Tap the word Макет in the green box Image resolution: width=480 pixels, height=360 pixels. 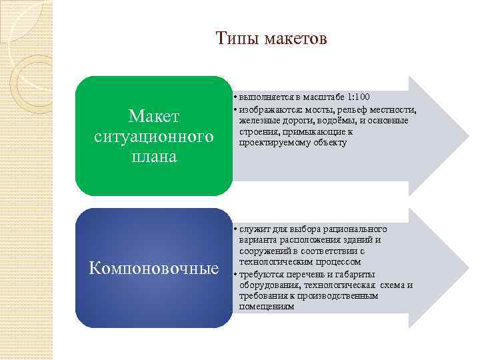pos(154,117)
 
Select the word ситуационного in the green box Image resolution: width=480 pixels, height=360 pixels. pos(154,137)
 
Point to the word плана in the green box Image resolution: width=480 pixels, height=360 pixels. pos(154,157)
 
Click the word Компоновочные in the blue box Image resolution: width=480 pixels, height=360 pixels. pos(154,268)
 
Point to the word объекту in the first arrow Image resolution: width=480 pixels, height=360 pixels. pos(329,143)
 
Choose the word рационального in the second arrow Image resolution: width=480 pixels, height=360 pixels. pos(359,229)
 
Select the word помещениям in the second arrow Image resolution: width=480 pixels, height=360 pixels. pos(267,307)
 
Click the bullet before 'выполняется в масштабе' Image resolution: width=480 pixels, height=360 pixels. pos(235,97)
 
